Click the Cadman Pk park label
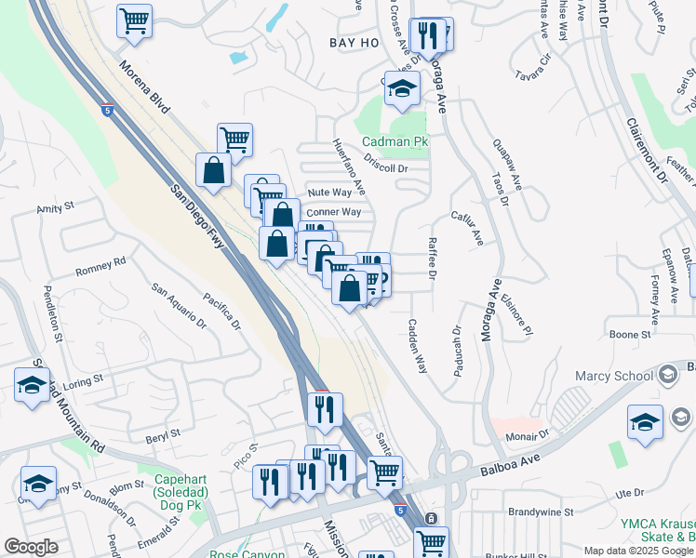coord(395,142)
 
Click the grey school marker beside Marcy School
coord(666,375)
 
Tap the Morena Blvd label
coord(145,87)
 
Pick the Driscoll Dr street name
coord(386,167)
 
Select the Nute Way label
coord(329,193)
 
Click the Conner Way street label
coord(333,212)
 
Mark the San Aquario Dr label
coord(179,307)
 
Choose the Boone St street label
coord(629,334)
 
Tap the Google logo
coord(31,547)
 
